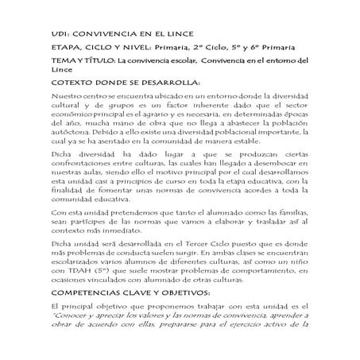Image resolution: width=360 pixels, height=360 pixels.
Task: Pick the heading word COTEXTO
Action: click(77, 83)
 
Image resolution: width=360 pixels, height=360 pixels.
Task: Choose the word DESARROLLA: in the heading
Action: click(182, 83)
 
